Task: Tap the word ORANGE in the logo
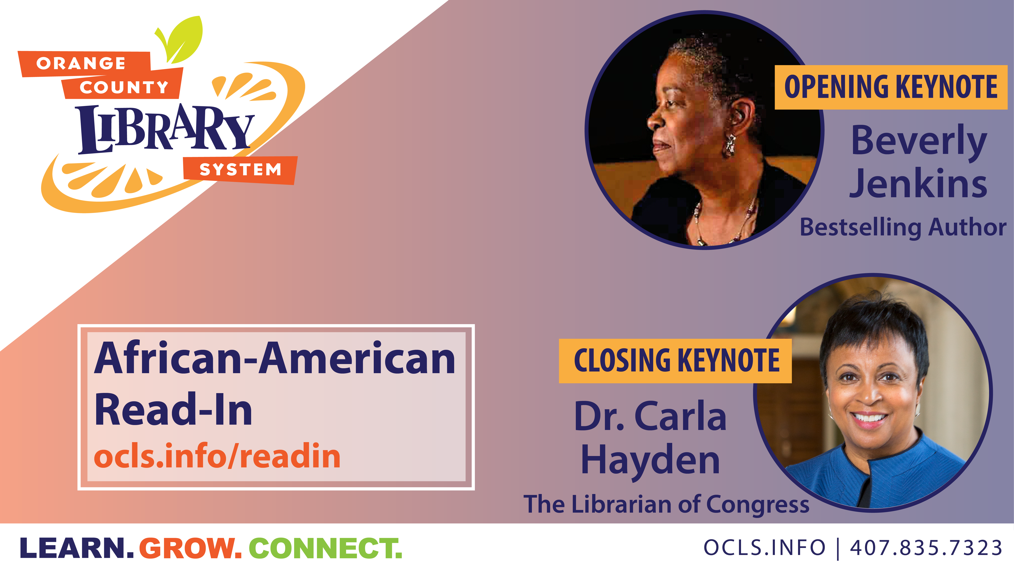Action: (81, 63)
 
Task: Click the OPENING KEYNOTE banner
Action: (891, 87)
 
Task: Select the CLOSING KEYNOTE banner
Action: (675, 361)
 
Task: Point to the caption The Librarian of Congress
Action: (666, 505)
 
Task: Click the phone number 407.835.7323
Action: (926, 548)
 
